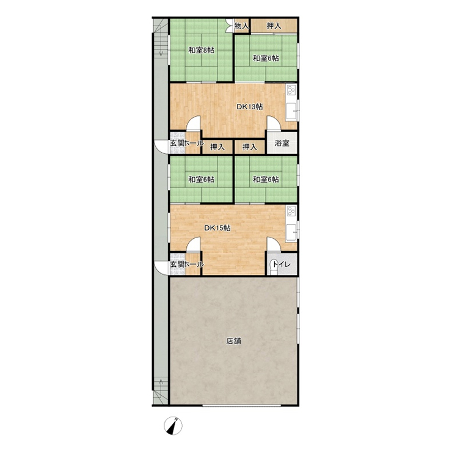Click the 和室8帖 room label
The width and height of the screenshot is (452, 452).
point(201,50)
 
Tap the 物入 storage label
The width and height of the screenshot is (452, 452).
point(241,26)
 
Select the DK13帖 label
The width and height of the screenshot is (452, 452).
point(249,107)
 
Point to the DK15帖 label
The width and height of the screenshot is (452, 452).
point(217,228)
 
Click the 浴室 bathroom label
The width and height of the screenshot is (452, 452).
point(282,143)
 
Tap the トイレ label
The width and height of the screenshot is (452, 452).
point(282,264)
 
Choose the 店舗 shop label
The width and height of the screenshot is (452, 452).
point(233,341)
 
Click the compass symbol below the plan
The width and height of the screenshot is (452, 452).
point(173,426)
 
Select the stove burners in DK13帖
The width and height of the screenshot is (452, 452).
point(291,90)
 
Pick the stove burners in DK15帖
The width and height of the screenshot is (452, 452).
point(291,211)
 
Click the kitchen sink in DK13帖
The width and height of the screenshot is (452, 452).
point(291,111)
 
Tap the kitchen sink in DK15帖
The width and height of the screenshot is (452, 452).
point(291,231)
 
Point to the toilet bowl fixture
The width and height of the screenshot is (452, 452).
point(273,268)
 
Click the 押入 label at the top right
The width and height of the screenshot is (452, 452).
point(274,26)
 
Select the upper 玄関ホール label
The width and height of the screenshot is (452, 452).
point(187,143)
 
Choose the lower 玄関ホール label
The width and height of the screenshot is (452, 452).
point(187,264)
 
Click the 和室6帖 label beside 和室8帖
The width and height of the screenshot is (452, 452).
point(266,58)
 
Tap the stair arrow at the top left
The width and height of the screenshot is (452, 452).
point(161,46)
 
